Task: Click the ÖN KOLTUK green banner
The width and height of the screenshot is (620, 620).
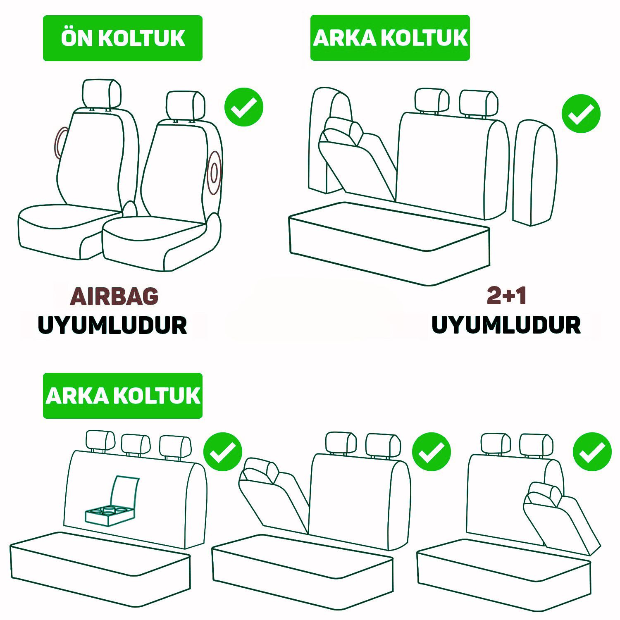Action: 123,38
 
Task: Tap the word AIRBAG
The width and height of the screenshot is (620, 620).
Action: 114,296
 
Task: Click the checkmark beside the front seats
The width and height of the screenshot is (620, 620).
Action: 244,107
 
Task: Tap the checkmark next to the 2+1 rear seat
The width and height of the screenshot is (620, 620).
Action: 581,114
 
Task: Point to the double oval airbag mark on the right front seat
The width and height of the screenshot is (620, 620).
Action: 214,173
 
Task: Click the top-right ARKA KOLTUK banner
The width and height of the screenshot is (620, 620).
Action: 390,38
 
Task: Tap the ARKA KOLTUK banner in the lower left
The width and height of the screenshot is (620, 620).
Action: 123,396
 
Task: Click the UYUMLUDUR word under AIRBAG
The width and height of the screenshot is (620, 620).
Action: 112,325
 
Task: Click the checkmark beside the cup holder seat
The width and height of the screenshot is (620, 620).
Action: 223,452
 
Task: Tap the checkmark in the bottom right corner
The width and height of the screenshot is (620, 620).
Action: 592,452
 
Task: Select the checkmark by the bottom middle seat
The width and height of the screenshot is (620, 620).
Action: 432,452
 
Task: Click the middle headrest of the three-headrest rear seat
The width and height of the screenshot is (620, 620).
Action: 136,445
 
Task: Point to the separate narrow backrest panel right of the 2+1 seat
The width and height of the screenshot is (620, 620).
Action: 535,173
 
